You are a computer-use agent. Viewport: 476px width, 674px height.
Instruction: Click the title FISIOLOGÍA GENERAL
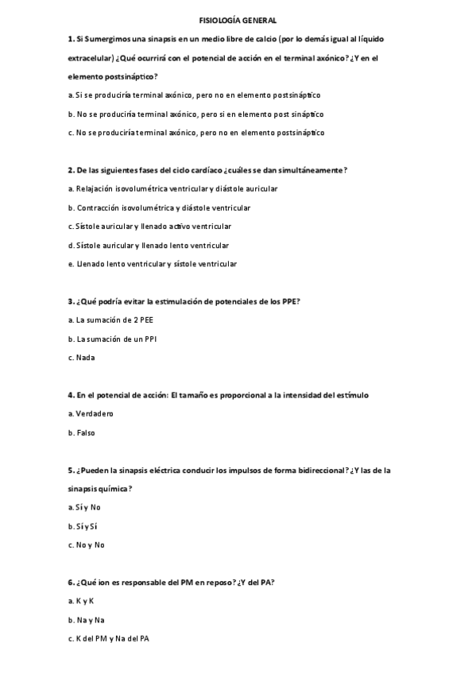238,21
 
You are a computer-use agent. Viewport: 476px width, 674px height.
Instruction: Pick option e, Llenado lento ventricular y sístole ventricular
156,264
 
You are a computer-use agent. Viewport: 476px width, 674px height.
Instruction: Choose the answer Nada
85,358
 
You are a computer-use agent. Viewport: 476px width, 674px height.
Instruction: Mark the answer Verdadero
95,414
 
